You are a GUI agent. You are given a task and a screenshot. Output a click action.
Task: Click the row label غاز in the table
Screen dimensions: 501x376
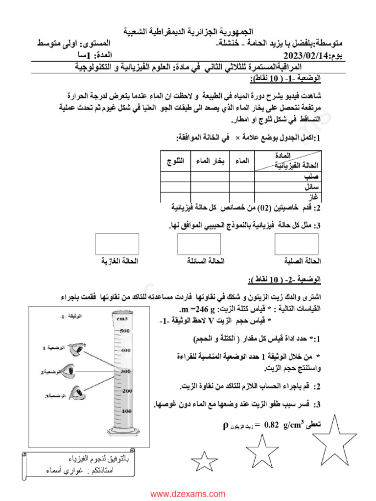click(x=313, y=197)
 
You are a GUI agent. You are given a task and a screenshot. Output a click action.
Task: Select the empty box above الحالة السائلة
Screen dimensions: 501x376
click(x=199, y=244)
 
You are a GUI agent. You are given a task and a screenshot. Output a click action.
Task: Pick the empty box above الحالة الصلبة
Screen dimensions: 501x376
click(x=297, y=244)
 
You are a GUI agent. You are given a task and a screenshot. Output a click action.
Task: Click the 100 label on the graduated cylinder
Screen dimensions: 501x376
click(x=126, y=411)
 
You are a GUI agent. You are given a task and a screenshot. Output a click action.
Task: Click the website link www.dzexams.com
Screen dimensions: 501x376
click(x=188, y=494)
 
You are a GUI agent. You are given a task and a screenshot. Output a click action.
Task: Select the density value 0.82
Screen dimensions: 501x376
click(x=272, y=424)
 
